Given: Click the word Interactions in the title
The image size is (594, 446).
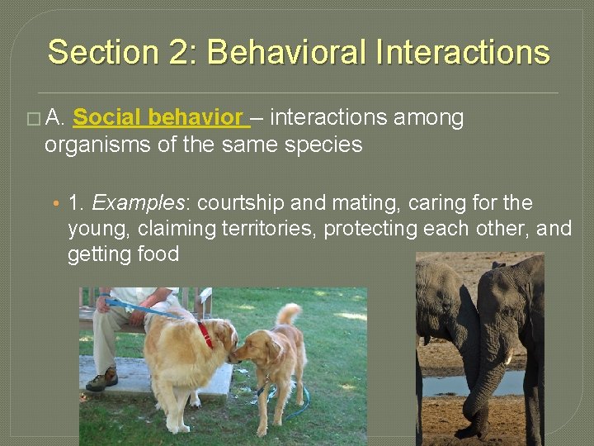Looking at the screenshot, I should pos(462,52).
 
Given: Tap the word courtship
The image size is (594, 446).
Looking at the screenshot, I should pos(240,203).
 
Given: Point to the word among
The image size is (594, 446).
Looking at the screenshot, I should pos(428,118).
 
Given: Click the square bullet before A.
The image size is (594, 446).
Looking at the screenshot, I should pos(32,119).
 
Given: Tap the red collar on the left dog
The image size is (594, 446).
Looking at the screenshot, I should pos(205,334).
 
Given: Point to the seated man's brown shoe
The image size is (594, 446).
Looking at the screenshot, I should pos(102,380).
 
